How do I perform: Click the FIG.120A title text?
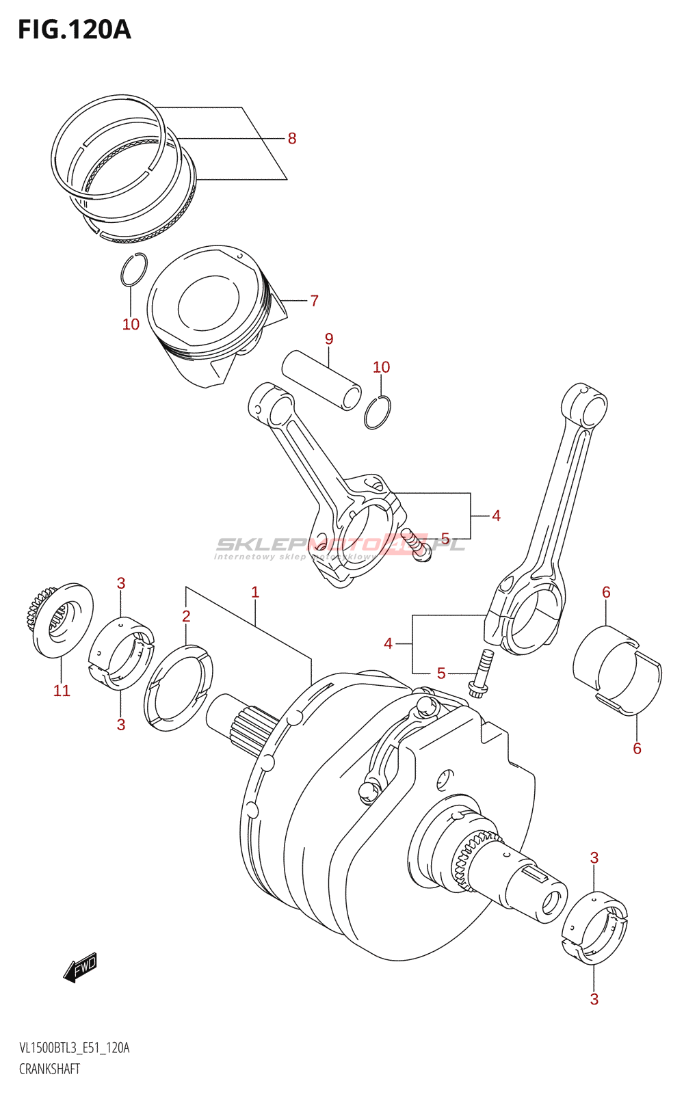coord(74,29)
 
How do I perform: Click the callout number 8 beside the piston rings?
coord(292,139)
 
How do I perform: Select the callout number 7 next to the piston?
coord(314,301)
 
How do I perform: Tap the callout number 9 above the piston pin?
coord(329,339)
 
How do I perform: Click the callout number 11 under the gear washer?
coord(62,691)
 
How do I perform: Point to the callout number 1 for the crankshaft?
coord(255,592)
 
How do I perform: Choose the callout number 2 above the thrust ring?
coord(186,616)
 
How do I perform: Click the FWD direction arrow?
coord(81,967)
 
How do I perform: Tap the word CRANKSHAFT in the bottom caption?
coord(49,1069)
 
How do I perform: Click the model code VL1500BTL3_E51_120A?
coord(74,1048)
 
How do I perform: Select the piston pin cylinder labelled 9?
coord(321,380)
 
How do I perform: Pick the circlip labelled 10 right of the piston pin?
coord(378,412)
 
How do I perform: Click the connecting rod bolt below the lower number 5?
coord(480,673)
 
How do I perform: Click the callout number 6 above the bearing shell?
coord(606,592)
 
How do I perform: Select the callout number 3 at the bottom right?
coord(594,999)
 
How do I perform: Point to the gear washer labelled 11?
coord(62,619)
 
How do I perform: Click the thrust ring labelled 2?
coord(178,686)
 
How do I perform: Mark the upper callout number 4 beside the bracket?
coord(496,516)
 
